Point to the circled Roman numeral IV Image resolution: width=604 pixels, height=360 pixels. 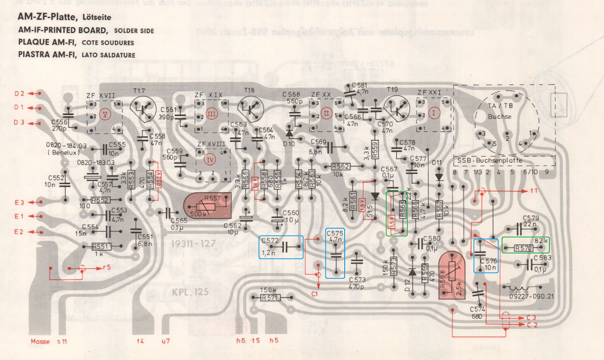pos(212,160)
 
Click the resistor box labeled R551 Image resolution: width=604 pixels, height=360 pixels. pos(101,247)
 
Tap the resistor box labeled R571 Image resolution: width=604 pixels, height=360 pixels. pos(268,298)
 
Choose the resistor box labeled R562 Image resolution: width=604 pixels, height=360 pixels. pos(340,167)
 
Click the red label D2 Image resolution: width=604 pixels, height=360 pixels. pos(19,94)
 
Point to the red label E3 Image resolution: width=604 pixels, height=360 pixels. pos(19,202)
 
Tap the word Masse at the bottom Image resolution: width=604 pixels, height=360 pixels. pos(40,341)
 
